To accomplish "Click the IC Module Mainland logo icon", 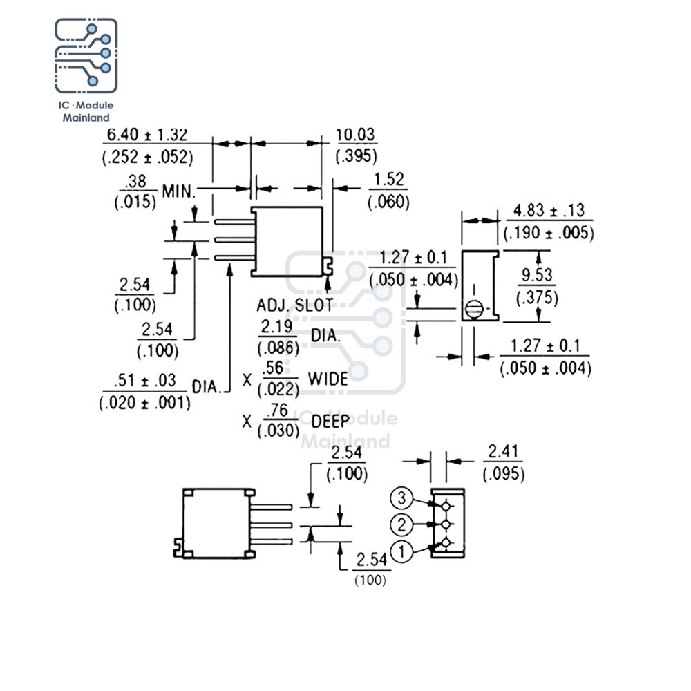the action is click(86, 55).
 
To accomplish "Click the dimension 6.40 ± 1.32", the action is click(147, 135).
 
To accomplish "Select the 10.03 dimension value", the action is click(355, 135).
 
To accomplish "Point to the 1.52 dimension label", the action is click(388, 180).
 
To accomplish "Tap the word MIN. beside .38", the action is click(178, 191).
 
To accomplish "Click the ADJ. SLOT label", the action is click(295, 305).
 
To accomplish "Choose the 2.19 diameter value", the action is click(276, 327).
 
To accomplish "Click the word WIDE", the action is click(328, 379).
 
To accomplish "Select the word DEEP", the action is click(330, 422).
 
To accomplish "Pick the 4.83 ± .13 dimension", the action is click(549, 211).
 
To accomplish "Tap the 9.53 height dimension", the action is click(537, 275).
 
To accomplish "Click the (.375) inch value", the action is click(537, 298).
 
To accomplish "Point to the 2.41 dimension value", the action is click(503, 451).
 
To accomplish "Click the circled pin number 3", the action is click(401, 498).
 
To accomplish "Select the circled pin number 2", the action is click(401, 525).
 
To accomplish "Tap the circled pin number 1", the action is click(401, 551).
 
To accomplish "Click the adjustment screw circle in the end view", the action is click(474, 309).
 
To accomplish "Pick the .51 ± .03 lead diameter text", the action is click(144, 381).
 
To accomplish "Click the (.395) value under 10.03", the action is click(357, 156).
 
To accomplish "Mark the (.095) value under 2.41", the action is click(504, 475).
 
